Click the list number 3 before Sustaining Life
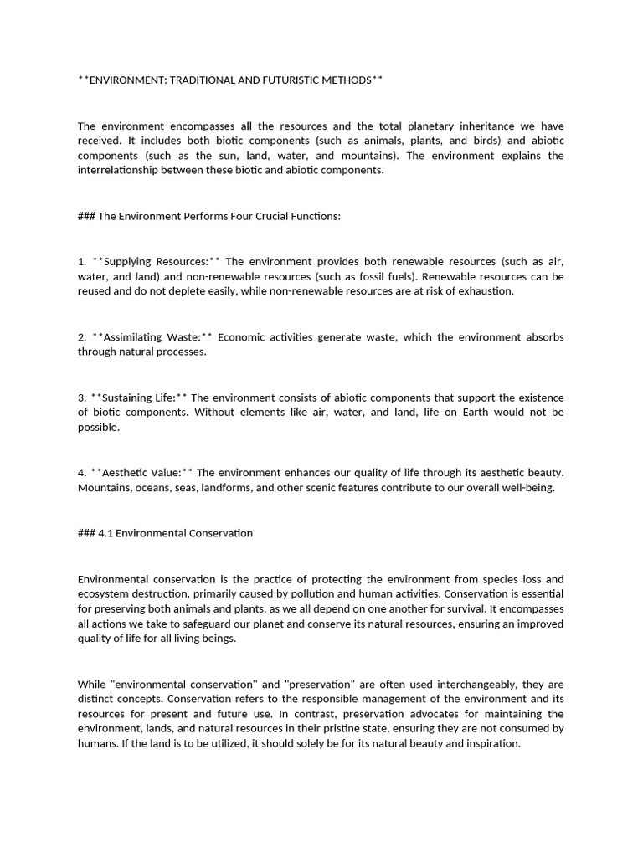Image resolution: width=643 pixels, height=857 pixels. point(81,397)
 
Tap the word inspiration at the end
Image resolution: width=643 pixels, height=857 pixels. point(488,744)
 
